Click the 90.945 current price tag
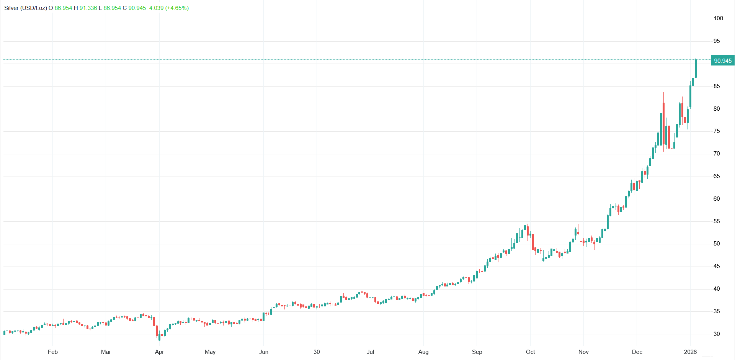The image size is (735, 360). [x=722, y=61]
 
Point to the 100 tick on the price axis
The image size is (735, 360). [x=718, y=18]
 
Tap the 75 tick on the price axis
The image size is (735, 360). [x=717, y=131]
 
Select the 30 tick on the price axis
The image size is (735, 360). [x=717, y=334]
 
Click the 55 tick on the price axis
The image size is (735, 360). [x=717, y=221]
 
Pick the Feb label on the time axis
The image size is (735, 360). [x=53, y=352]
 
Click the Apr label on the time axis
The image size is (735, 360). [x=159, y=352]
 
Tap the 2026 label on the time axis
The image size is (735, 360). [x=690, y=352]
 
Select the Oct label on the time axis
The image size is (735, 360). [x=530, y=352]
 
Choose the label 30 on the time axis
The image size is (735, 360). [x=317, y=352]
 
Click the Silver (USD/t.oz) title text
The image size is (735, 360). [x=26, y=8]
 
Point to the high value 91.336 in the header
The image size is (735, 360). [x=88, y=8]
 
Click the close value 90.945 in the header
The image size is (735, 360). [x=137, y=8]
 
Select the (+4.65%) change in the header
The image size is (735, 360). [x=177, y=8]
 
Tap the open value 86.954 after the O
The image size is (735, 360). [x=63, y=8]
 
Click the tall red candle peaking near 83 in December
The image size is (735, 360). [x=663, y=123]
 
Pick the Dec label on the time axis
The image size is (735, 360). [x=637, y=352]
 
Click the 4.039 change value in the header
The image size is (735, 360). [x=156, y=8]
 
